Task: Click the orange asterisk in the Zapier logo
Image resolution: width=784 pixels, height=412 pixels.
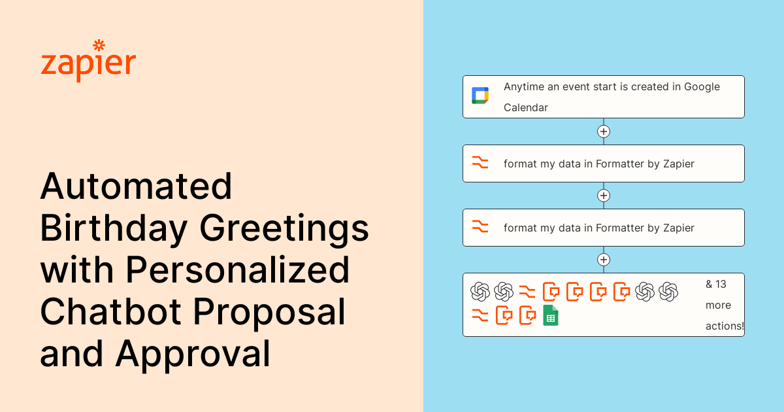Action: (x=99, y=45)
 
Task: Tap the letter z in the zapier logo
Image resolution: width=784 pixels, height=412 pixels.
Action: (x=48, y=65)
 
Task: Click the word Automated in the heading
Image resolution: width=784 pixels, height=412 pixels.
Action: (x=136, y=186)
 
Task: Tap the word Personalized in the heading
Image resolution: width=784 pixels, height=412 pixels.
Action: (x=237, y=270)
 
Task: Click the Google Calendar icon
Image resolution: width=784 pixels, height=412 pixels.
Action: (x=480, y=95)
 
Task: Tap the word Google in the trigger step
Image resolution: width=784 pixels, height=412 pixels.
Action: (x=702, y=87)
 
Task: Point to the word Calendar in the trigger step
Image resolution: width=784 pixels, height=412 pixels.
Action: (x=525, y=107)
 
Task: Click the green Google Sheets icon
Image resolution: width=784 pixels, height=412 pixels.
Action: (x=551, y=315)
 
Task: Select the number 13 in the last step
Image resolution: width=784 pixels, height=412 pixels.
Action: (x=721, y=284)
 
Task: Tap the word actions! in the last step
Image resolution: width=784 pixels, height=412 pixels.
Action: (x=725, y=326)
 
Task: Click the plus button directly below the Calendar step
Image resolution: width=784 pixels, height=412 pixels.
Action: (x=604, y=131)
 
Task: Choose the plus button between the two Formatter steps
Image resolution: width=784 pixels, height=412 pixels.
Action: (x=604, y=196)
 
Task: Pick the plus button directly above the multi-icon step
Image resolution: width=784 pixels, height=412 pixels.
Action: (x=604, y=260)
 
